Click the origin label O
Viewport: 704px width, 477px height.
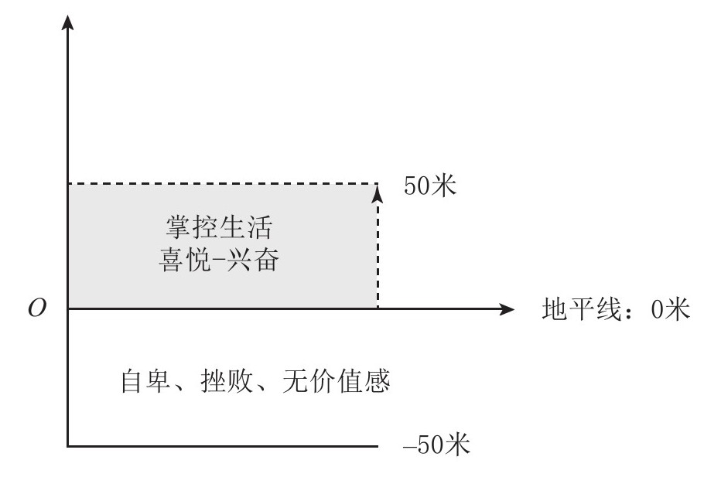pos(36,309)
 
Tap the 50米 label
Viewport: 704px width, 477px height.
pos(429,186)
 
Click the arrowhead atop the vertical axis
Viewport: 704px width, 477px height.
pos(70,22)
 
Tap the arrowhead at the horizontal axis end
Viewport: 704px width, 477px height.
pos(507,309)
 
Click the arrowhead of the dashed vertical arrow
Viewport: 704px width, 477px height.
pos(378,190)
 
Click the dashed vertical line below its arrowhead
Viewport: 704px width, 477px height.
pos(378,255)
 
